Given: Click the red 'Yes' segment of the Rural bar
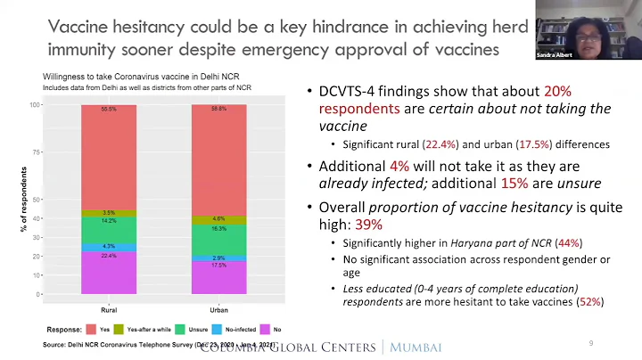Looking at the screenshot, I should (x=108, y=157).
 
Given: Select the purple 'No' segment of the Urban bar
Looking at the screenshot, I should (x=218, y=277).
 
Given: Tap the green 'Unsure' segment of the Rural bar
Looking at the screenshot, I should (x=108, y=230).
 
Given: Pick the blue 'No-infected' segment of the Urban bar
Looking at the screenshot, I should (x=218, y=257).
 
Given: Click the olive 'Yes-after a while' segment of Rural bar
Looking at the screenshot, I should (x=108, y=213).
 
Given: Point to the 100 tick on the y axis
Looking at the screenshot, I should (x=37, y=105).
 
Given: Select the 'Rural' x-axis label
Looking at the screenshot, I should (x=108, y=309).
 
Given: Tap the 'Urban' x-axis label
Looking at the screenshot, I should (x=218, y=309).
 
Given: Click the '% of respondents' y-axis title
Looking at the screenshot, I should (x=24, y=200).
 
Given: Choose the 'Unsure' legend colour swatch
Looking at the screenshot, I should (x=179, y=330).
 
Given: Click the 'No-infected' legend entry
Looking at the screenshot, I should (x=240, y=330).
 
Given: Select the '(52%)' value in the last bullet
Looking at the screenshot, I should (x=588, y=301).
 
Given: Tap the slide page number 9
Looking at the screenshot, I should (x=590, y=343).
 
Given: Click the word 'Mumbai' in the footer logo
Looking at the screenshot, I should (x=417, y=347).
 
